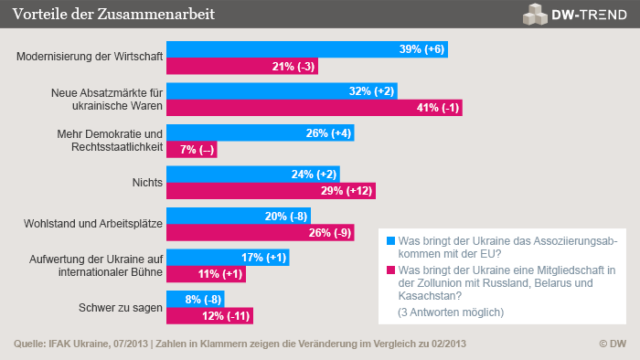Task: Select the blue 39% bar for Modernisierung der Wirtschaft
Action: pyautogui.click(x=307, y=49)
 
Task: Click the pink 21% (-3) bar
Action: pyautogui.click(x=241, y=66)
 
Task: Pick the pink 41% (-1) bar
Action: pyautogui.click(x=314, y=108)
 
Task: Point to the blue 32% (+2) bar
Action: pyautogui.click(x=282, y=91)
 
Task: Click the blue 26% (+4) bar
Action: pyautogui.click(x=260, y=132)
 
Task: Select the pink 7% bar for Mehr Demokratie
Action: pyautogui.click(x=191, y=149)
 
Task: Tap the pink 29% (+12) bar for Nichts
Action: pyautogui.click(x=271, y=190)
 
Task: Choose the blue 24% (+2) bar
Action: pyautogui.click(x=252, y=174)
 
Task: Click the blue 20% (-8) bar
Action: pyautogui.click(x=238, y=216)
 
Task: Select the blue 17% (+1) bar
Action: pyautogui.click(x=227, y=257)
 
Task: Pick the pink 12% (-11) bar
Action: pyautogui.click(x=208, y=315)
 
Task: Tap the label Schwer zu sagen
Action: pyautogui.click(x=123, y=307)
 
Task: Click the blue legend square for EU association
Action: pyautogui.click(x=390, y=241)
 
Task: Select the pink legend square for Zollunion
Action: pyautogui.click(x=390, y=270)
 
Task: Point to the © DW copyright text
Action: pyautogui.click(x=612, y=344)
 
